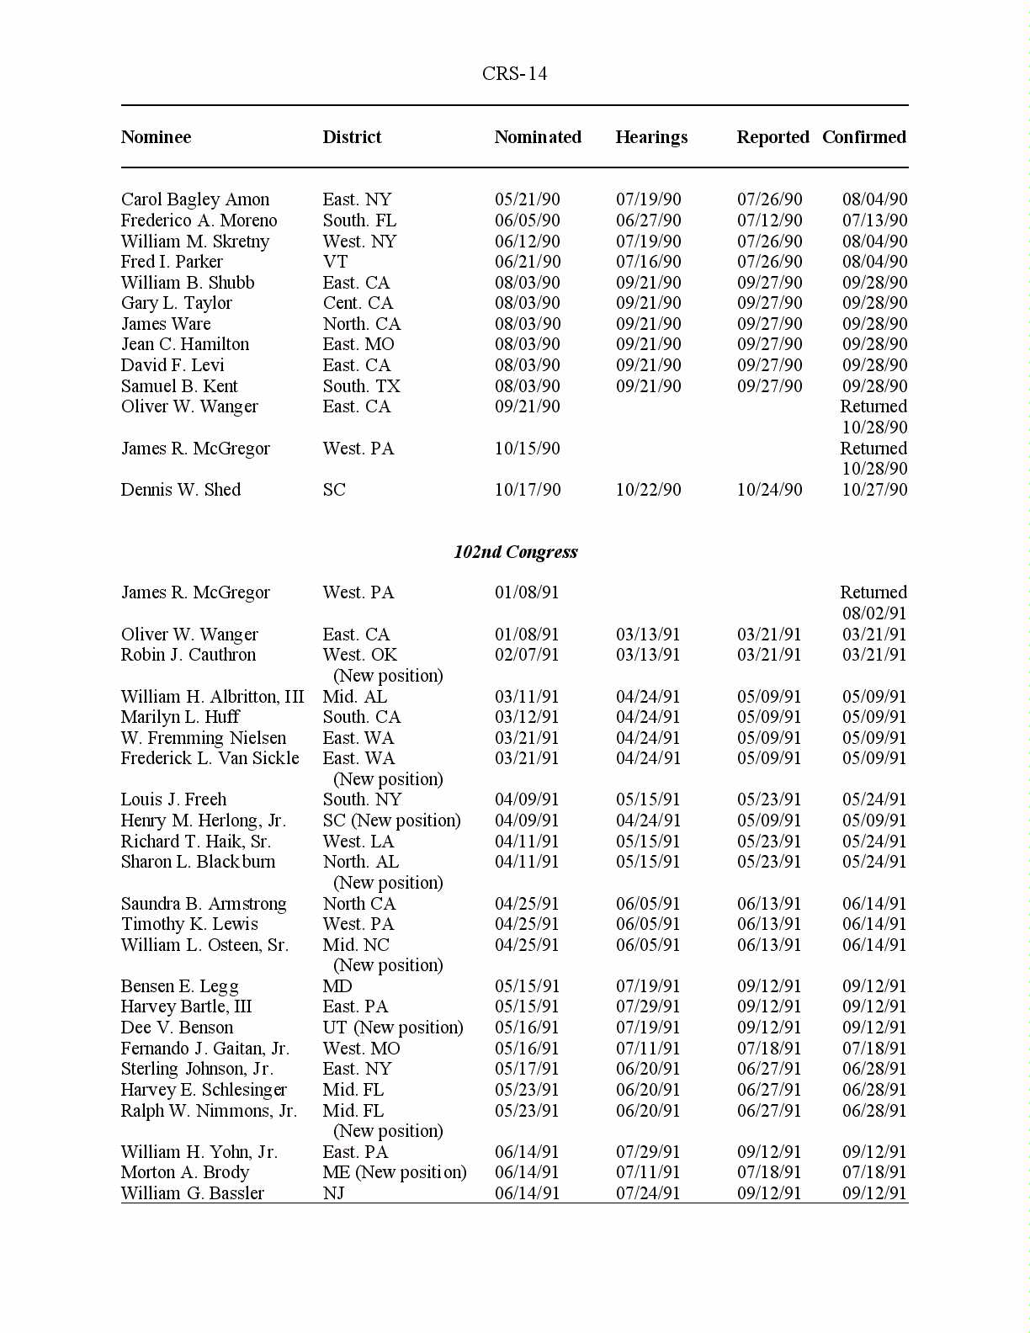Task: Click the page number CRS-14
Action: [514, 74]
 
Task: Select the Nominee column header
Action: [156, 137]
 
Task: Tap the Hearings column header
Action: [651, 137]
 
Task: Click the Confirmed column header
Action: [864, 137]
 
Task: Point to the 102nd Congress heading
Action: [515, 552]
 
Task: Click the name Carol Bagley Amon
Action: [195, 199]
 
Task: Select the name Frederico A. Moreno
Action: [199, 220]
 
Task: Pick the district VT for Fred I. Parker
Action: [335, 262]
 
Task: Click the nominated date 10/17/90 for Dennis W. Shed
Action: [528, 490]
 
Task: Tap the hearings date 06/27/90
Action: [648, 220]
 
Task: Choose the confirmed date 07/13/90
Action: [874, 220]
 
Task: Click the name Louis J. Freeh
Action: [173, 799]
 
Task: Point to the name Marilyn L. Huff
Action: [180, 717]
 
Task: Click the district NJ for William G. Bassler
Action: [334, 1193]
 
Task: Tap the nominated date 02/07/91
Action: [527, 655]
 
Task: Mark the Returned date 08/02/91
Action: [874, 613]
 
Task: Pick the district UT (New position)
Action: [393, 1028]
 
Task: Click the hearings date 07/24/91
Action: [648, 1193]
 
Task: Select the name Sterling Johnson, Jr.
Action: [197, 1069]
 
